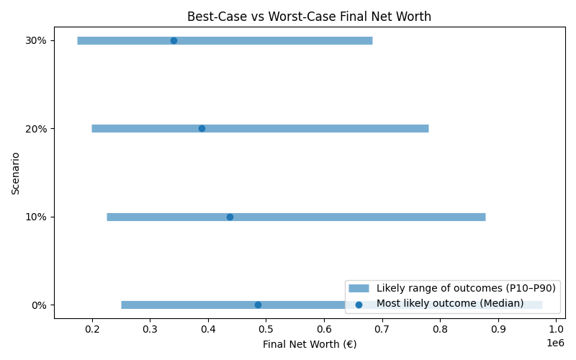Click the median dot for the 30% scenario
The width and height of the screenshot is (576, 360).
[174, 40]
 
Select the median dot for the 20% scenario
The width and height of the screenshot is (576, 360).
[202, 128]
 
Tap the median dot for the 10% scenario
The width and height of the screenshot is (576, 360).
[230, 217]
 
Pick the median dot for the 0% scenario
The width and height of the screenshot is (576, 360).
[258, 305]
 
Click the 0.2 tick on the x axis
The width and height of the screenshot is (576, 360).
[92, 330]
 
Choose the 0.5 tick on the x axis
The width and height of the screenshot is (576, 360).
[266, 330]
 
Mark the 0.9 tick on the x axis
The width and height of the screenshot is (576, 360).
[498, 330]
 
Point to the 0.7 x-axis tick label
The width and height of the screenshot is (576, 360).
[382, 330]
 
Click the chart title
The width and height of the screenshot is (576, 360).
[309, 17]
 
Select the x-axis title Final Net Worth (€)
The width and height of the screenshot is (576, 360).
[309, 344]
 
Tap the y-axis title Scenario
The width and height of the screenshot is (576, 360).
[15, 173]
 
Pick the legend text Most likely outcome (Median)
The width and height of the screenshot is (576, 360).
[450, 304]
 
